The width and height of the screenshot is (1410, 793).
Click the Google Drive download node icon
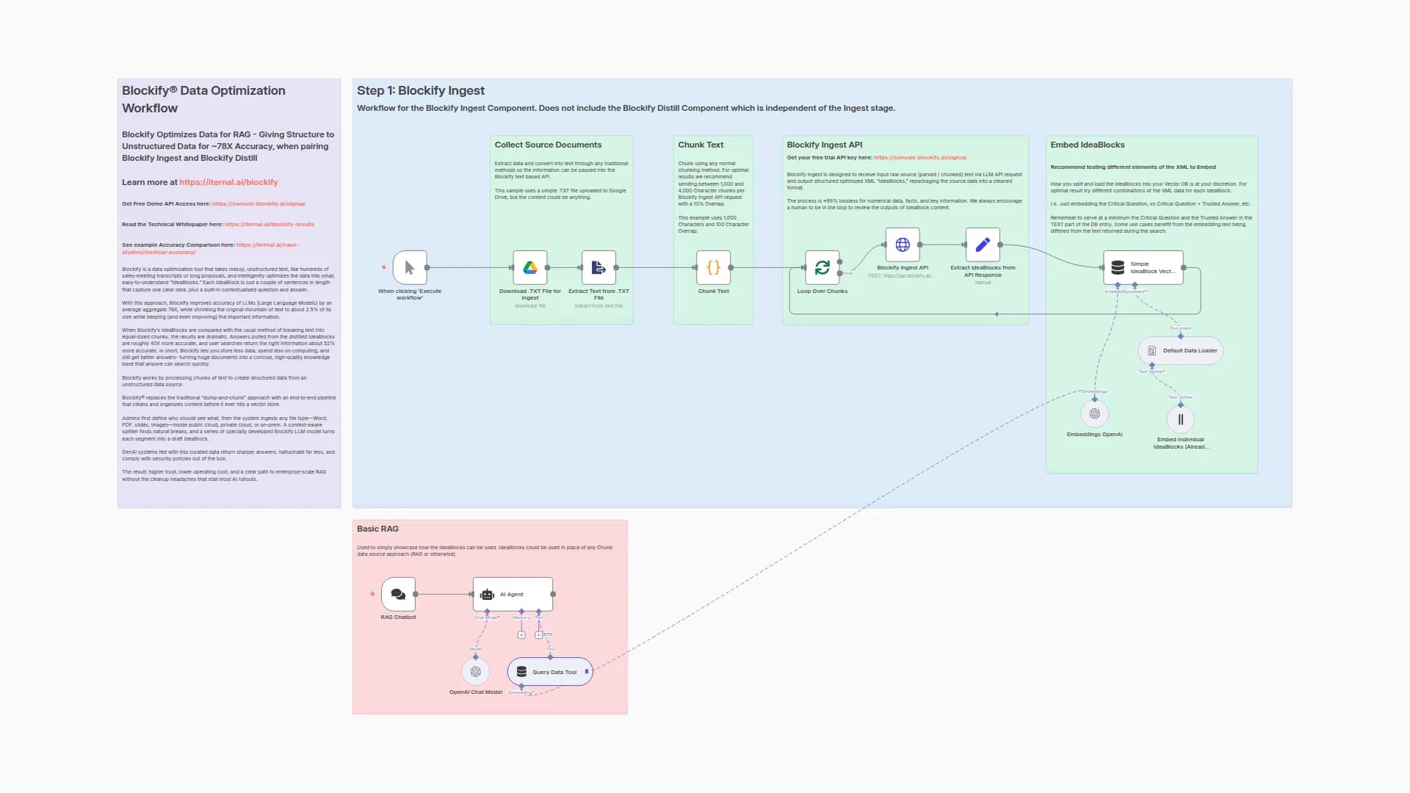pos(529,268)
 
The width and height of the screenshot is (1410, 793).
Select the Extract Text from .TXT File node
pos(599,268)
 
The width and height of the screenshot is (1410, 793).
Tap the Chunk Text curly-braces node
pos(713,268)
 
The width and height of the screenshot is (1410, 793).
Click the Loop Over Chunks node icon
pos(822,268)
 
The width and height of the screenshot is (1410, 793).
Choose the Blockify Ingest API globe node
pos(903,245)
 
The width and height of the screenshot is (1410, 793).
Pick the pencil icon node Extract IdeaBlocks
pos(983,245)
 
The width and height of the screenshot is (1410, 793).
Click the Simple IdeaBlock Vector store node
pos(1143,268)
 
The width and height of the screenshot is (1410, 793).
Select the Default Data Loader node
pos(1180,350)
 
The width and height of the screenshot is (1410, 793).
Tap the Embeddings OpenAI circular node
pos(1094,414)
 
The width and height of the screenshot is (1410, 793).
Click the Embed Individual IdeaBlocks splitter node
pos(1180,419)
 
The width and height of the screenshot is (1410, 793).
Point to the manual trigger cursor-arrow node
pos(410,268)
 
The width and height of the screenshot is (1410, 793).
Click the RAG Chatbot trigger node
pos(398,594)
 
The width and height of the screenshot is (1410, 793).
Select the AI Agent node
pos(513,594)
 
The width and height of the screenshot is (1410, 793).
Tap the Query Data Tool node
pos(549,672)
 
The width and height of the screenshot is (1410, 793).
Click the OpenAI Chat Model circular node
pos(475,672)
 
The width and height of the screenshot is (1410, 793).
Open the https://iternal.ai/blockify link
pos(228,182)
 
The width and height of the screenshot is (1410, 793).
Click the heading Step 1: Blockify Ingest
pos(421,90)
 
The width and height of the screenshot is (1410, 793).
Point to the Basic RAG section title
pos(377,529)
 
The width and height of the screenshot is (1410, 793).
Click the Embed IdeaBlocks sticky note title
pos(1087,145)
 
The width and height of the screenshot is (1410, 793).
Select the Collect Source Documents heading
pos(548,145)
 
